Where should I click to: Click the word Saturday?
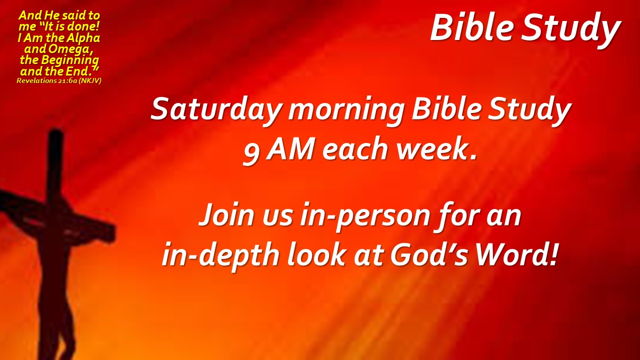215,110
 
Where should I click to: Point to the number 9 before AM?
251,153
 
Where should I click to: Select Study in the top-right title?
570,29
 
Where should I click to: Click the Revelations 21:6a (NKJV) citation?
59,81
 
